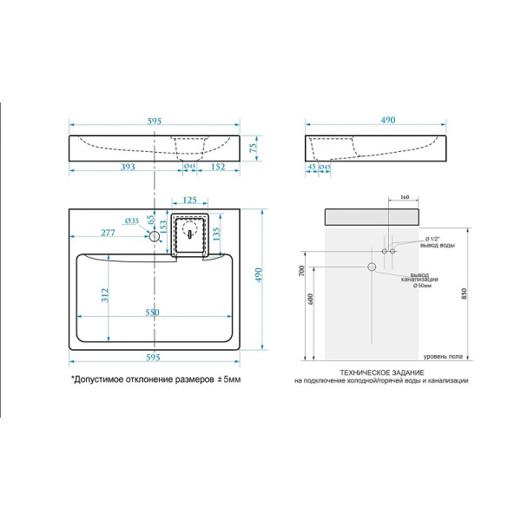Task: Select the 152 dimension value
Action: tap(219, 168)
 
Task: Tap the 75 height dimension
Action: tap(254, 147)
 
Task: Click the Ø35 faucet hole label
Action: tap(132, 221)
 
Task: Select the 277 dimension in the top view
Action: tap(107, 233)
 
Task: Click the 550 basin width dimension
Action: tap(154, 311)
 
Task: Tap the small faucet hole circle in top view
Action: tap(155, 235)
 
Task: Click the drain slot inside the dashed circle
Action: tap(188, 232)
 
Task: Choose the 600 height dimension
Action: tap(311, 300)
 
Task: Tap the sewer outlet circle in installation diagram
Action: tap(372, 266)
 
